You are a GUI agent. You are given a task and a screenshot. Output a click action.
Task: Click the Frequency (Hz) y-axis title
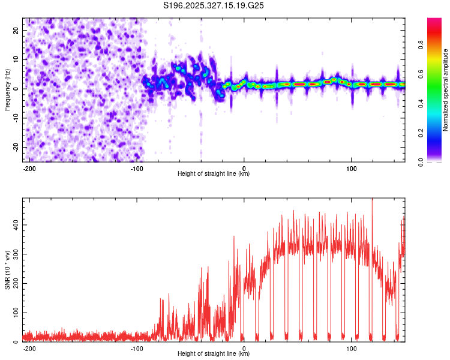pos(7,90)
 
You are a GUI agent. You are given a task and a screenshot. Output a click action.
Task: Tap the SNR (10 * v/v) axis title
pos(7,270)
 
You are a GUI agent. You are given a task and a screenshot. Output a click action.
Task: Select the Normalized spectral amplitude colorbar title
pos(446,90)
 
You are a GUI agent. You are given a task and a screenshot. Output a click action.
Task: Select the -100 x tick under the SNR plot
pos(136,348)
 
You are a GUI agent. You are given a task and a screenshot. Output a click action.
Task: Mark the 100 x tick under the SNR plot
pos(352,348)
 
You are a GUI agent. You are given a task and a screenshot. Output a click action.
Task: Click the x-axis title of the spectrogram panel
pos(214,174)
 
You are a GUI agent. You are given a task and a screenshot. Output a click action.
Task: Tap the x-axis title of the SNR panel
pos(214,354)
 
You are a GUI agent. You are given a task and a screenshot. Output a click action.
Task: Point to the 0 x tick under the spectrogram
pos(244,168)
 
